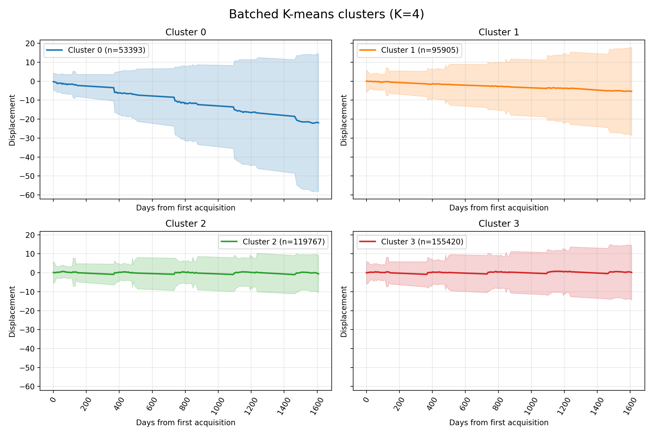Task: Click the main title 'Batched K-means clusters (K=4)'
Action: (x=326, y=14)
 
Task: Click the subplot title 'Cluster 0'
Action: (x=186, y=32)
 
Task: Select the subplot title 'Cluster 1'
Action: (x=499, y=32)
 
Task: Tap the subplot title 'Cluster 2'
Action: (x=186, y=223)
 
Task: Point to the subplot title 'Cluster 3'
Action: (x=499, y=223)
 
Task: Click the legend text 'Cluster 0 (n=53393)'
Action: (x=107, y=50)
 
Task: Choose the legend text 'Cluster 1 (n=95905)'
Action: (x=420, y=50)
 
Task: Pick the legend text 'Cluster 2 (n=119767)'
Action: (x=284, y=242)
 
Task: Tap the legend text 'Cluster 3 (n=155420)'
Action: (x=422, y=242)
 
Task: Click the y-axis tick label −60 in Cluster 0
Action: (x=27, y=195)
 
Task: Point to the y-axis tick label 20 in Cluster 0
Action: (x=30, y=43)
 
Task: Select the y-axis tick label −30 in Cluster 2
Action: (x=27, y=330)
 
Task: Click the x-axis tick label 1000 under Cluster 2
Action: (x=218, y=406)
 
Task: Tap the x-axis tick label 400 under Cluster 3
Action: (x=432, y=404)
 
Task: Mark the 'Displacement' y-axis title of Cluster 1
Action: (x=344, y=120)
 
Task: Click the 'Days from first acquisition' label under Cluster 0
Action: (x=186, y=208)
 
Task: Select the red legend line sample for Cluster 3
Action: (x=368, y=242)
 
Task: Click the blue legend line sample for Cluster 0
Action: (x=54, y=50)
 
